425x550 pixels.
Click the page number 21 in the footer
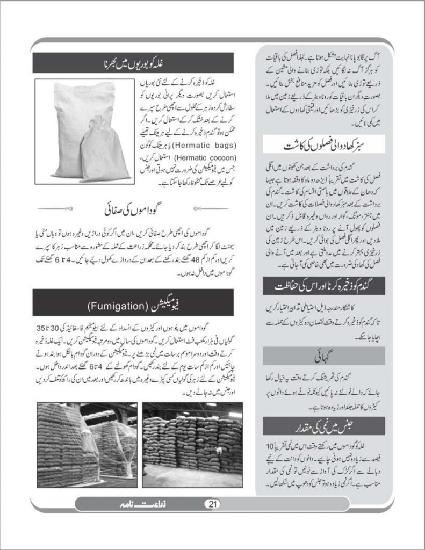(x=212, y=504)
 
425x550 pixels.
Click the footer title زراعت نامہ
(x=132, y=504)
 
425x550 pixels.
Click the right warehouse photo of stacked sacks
(x=192, y=444)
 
